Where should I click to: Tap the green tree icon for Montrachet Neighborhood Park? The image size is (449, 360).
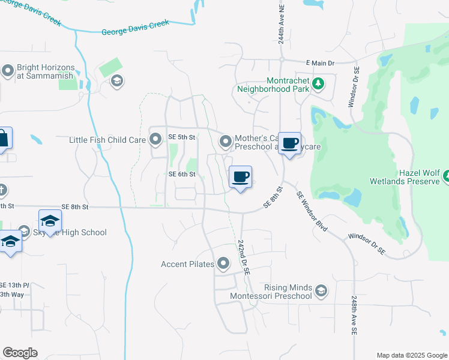318,83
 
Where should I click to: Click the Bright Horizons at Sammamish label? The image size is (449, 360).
45,72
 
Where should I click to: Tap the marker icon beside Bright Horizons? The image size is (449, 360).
8,71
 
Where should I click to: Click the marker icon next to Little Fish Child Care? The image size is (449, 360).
156,140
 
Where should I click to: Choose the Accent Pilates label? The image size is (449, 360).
188,264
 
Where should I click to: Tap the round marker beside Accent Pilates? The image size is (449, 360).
224,263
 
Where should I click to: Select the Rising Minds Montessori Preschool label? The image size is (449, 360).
271,292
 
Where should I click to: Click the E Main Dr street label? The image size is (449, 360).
319,62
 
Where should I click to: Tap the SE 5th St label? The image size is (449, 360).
182,137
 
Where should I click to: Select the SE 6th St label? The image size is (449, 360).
182,175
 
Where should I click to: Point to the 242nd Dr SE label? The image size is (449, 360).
243,257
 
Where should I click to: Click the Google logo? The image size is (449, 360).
20,353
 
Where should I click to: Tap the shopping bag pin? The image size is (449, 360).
3,139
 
